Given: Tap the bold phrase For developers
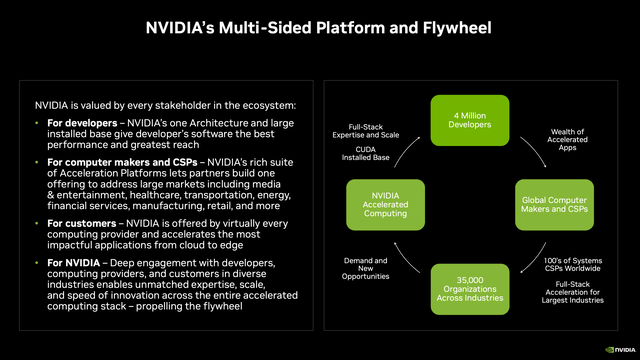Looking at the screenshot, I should click(x=74, y=123).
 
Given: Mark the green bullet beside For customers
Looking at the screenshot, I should click(x=38, y=221).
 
